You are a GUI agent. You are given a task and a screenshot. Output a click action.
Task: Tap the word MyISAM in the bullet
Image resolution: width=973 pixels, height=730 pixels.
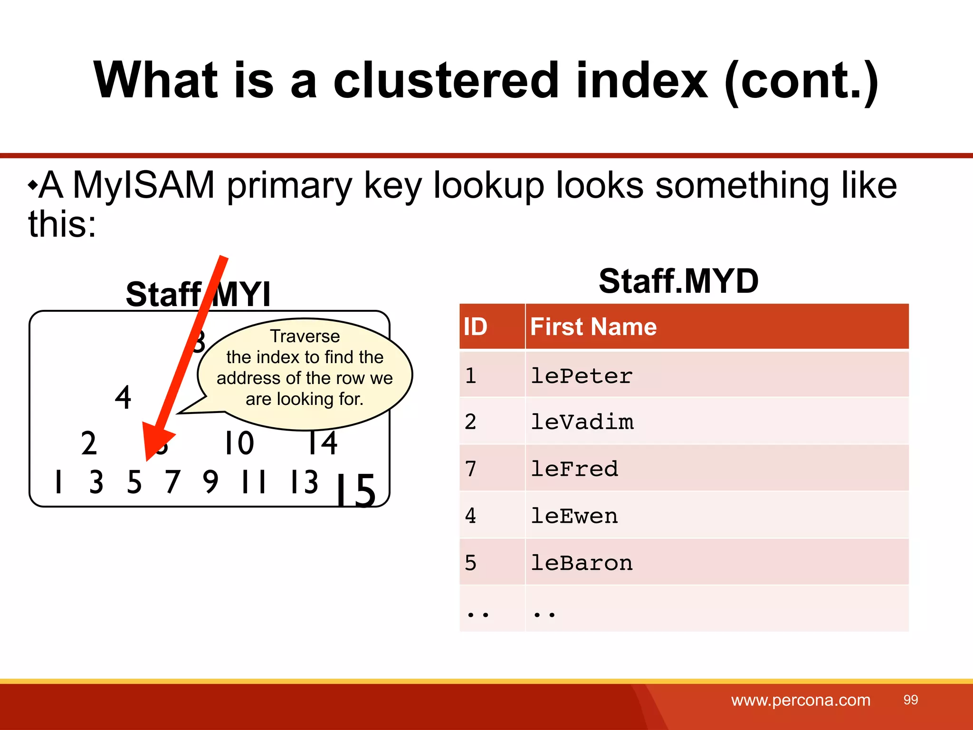(143, 185)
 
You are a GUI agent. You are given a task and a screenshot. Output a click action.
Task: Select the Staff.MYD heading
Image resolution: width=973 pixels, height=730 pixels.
(678, 281)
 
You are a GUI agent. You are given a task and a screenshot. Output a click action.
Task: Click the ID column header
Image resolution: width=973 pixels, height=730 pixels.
(476, 327)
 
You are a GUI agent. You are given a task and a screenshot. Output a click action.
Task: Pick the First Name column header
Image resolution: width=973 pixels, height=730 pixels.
(593, 327)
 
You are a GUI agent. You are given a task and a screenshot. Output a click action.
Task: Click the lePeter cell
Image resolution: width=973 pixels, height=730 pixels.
(582, 376)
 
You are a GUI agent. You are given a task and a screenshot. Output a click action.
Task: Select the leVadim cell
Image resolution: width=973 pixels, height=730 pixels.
(582, 422)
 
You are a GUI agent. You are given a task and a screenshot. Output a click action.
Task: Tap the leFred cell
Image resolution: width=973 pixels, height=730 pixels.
(574, 469)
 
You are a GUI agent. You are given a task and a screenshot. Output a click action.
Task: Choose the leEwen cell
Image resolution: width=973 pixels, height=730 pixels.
(574, 516)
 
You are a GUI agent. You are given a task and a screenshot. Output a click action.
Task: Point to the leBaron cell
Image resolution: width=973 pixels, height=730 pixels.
(582, 563)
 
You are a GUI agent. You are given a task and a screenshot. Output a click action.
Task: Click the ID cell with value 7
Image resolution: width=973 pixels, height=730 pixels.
(470, 469)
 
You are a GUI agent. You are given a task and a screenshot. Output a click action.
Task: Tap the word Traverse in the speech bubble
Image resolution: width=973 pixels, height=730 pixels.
(305, 336)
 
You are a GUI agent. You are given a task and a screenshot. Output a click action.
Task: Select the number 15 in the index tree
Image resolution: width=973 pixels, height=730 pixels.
(355, 490)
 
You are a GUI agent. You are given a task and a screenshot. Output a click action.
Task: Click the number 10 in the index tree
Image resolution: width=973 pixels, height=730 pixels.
(239, 443)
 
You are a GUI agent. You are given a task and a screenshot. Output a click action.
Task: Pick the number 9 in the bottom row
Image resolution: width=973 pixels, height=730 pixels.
(210, 481)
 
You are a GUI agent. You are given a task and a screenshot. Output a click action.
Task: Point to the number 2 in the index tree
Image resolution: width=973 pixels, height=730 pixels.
(89, 443)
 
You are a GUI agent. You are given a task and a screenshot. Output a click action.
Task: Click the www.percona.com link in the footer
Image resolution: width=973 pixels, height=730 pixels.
(801, 700)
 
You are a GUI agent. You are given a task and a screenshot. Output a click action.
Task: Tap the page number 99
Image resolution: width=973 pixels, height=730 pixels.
(910, 700)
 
